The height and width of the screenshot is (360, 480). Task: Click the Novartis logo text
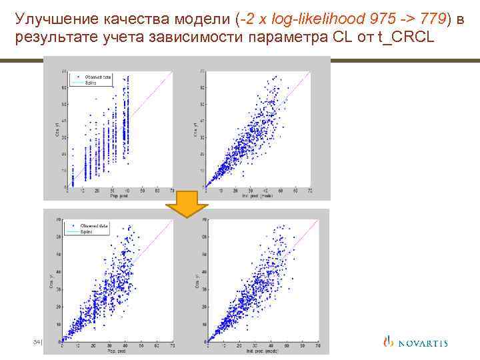[423, 343]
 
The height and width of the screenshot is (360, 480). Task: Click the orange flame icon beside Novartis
[389, 343]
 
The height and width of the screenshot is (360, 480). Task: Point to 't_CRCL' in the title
[406, 37]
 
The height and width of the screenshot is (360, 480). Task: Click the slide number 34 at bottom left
[37, 342]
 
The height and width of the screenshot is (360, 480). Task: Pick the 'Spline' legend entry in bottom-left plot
[89, 232]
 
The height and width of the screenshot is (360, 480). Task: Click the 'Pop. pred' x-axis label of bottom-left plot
[117, 350]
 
